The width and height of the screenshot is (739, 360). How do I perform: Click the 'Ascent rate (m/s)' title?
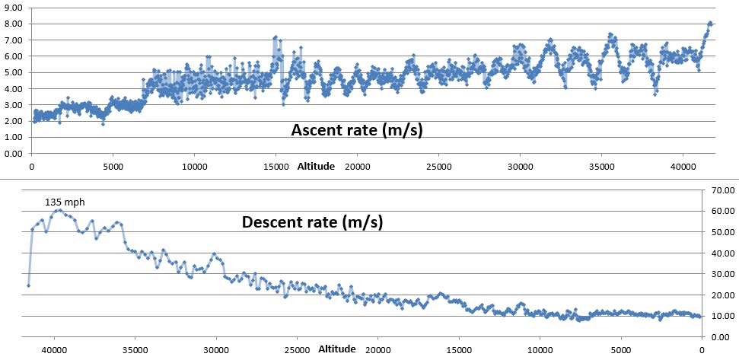point(357,130)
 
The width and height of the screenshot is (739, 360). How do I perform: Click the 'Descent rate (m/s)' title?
point(312,222)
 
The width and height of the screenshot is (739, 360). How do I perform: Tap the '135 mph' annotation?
point(62,202)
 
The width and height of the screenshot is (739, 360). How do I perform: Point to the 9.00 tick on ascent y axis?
point(14,7)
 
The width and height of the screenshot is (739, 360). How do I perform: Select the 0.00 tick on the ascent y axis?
point(14,154)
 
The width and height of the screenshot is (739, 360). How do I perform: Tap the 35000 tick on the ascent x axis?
point(601,166)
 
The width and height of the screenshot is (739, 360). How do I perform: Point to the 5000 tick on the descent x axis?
point(621,350)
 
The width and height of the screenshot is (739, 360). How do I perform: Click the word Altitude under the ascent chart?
point(315,166)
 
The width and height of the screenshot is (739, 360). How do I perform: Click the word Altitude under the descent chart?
point(336,349)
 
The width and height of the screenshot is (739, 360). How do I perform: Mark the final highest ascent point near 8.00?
point(710,23)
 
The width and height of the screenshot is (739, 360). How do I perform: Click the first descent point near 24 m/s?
point(28,285)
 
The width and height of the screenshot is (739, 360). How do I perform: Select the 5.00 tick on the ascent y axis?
point(14,72)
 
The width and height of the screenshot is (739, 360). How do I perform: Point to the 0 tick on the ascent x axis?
point(31,166)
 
